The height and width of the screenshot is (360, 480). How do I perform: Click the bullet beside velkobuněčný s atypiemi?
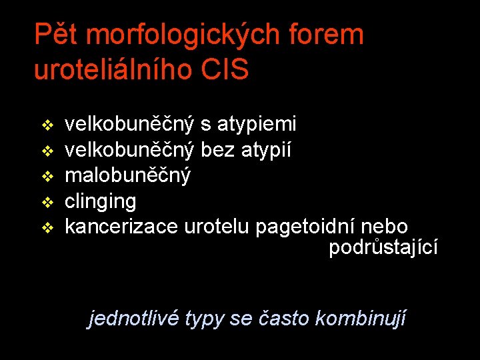(x=47, y=125)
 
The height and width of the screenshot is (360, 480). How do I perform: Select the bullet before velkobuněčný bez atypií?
(x=47, y=151)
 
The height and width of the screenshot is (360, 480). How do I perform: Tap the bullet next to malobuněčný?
(x=47, y=177)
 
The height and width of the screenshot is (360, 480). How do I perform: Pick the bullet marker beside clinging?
(x=47, y=202)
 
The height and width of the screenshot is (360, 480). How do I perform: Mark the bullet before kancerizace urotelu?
(x=47, y=228)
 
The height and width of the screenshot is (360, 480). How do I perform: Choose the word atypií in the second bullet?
(x=272, y=150)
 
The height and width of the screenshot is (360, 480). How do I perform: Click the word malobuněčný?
(x=127, y=176)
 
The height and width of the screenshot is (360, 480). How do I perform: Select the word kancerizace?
(x=121, y=227)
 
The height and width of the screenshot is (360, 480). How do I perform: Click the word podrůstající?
(x=383, y=247)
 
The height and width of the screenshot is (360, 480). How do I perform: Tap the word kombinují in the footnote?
(x=360, y=318)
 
